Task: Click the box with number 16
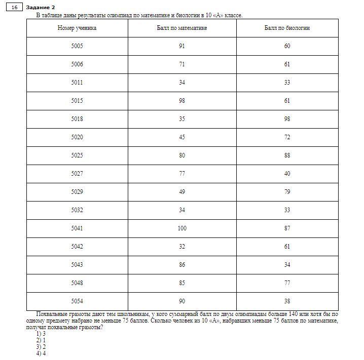click(14, 7)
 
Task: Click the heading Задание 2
click(41, 7)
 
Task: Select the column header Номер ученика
click(77, 28)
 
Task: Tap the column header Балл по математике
click(182, 28)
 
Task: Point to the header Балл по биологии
click(287, 28)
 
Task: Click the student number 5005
click(77, 46)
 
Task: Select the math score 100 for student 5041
click(182, 228)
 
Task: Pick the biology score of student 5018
click(287, 119)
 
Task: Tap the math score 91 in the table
click(182, 46)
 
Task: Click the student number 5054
click(77, 301)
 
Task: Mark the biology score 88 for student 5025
click(287, 155)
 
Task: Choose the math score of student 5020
click(182, 137)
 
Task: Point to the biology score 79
click(287, 192)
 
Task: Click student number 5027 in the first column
click(77, 174)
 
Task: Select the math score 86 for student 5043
click(182, 265)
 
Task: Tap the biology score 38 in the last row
click(287, 301)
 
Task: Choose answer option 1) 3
click(41, 334)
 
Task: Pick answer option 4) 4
click(41, 353)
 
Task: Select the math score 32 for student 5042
click(182, 247)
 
